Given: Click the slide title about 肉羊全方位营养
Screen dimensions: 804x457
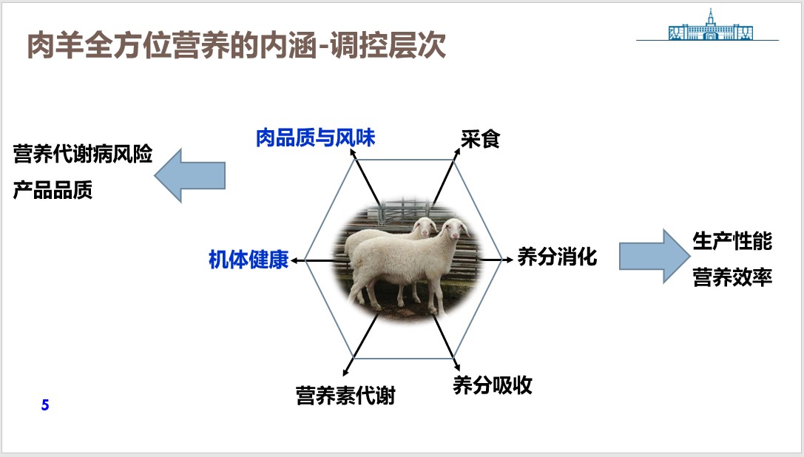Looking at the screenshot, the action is tap(236, 45).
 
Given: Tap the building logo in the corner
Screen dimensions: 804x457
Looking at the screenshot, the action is tap(710, 26).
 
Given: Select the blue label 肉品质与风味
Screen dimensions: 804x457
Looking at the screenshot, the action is tap(315, 138).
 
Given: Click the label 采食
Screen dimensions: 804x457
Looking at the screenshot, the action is tap(480, 139).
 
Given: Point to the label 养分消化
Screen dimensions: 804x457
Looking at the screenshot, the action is tap(557, 257).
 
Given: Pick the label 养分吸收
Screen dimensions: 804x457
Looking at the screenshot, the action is tap(493, 385).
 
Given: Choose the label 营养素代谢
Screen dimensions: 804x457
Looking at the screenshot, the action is tap(345, 396).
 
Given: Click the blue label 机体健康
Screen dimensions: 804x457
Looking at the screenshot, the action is tap(249, 260).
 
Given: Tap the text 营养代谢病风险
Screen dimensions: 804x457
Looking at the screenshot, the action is tap(83, 154).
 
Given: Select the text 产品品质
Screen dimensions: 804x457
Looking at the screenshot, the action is tap(53, 190).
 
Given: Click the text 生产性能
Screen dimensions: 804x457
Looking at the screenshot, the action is tap(732, 241).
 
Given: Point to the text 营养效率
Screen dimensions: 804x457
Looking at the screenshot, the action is tap(732, 277).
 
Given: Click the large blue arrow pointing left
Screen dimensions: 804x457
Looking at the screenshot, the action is tap(190, 175).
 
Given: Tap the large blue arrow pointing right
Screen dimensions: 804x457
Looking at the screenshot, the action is tap(655, 256).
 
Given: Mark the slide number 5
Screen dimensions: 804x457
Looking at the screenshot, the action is tap(45, 405).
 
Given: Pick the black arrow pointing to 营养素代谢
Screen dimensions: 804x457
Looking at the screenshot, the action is tap(360, 345).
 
